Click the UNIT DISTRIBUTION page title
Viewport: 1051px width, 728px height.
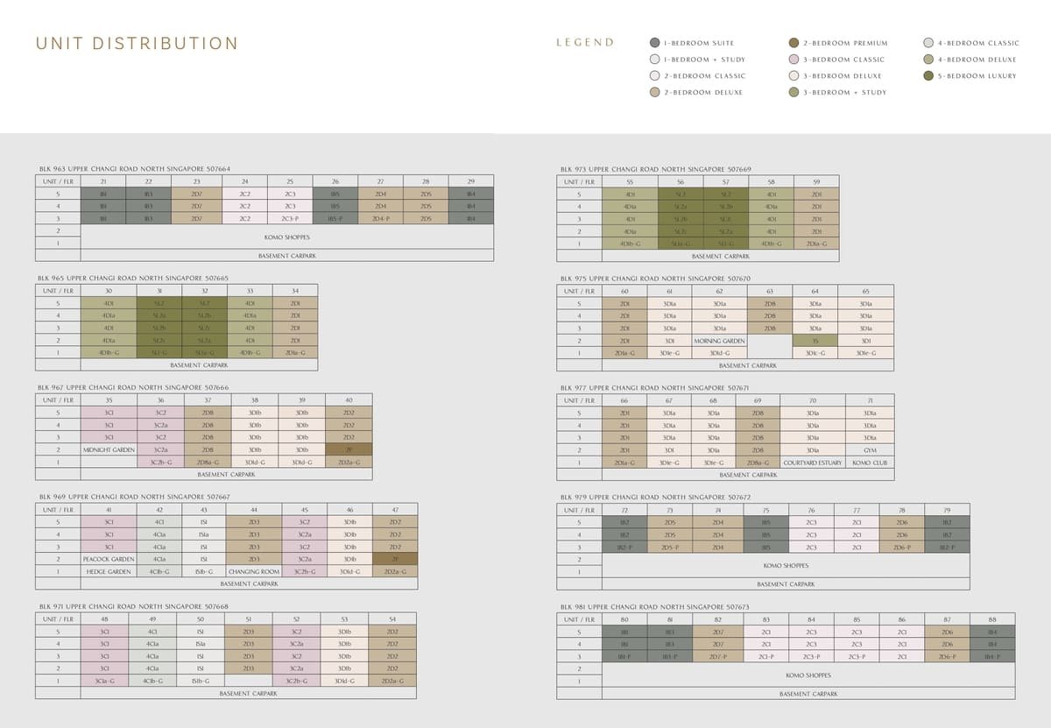[x=137, y=44]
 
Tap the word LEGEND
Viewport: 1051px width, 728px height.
[x=585, y=42]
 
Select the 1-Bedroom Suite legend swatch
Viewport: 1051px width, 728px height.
[x=655, y=43]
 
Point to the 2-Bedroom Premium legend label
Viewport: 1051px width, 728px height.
[x=845, y=43]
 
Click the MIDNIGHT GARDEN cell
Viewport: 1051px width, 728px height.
[x=109, y=449]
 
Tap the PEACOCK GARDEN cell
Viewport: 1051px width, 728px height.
[x=109, y=559]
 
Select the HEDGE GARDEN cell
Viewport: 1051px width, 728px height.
[x=109, y=571]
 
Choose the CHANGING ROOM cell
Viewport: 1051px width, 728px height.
[x=254, y=571]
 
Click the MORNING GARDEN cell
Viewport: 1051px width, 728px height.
[x=719, y=341]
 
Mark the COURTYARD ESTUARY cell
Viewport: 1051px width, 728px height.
[x=812, y=463]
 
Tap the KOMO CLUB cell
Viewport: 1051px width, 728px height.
[x=870, y=463]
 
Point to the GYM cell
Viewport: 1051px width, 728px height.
[x=870, y=450]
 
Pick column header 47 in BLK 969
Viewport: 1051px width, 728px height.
[x=395, y=509]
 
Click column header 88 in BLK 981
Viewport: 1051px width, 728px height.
[x=992, y=619]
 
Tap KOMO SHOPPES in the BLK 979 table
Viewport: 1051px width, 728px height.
[x=785, y=565]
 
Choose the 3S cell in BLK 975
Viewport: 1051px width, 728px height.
[x=815, y=341]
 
